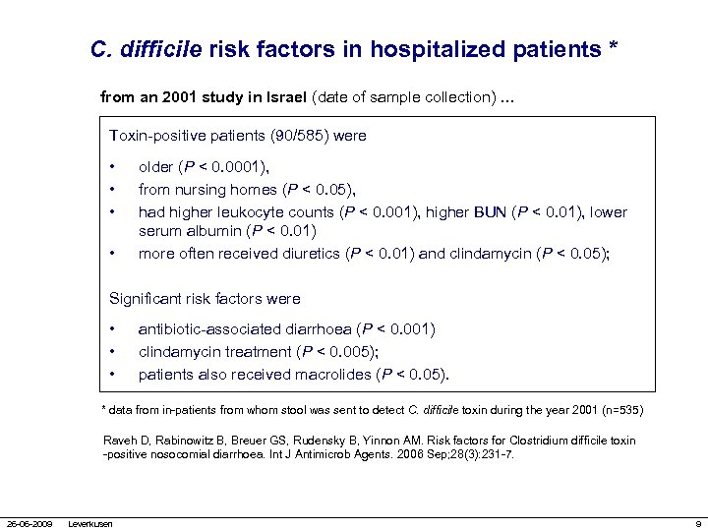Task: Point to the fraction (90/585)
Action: (294, 135)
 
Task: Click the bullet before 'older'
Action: (115, 167)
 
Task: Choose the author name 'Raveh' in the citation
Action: (118, 442)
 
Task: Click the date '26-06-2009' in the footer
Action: (29, 523)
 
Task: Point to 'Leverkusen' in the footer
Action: (89, 523)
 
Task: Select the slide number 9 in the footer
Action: (697, 523)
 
